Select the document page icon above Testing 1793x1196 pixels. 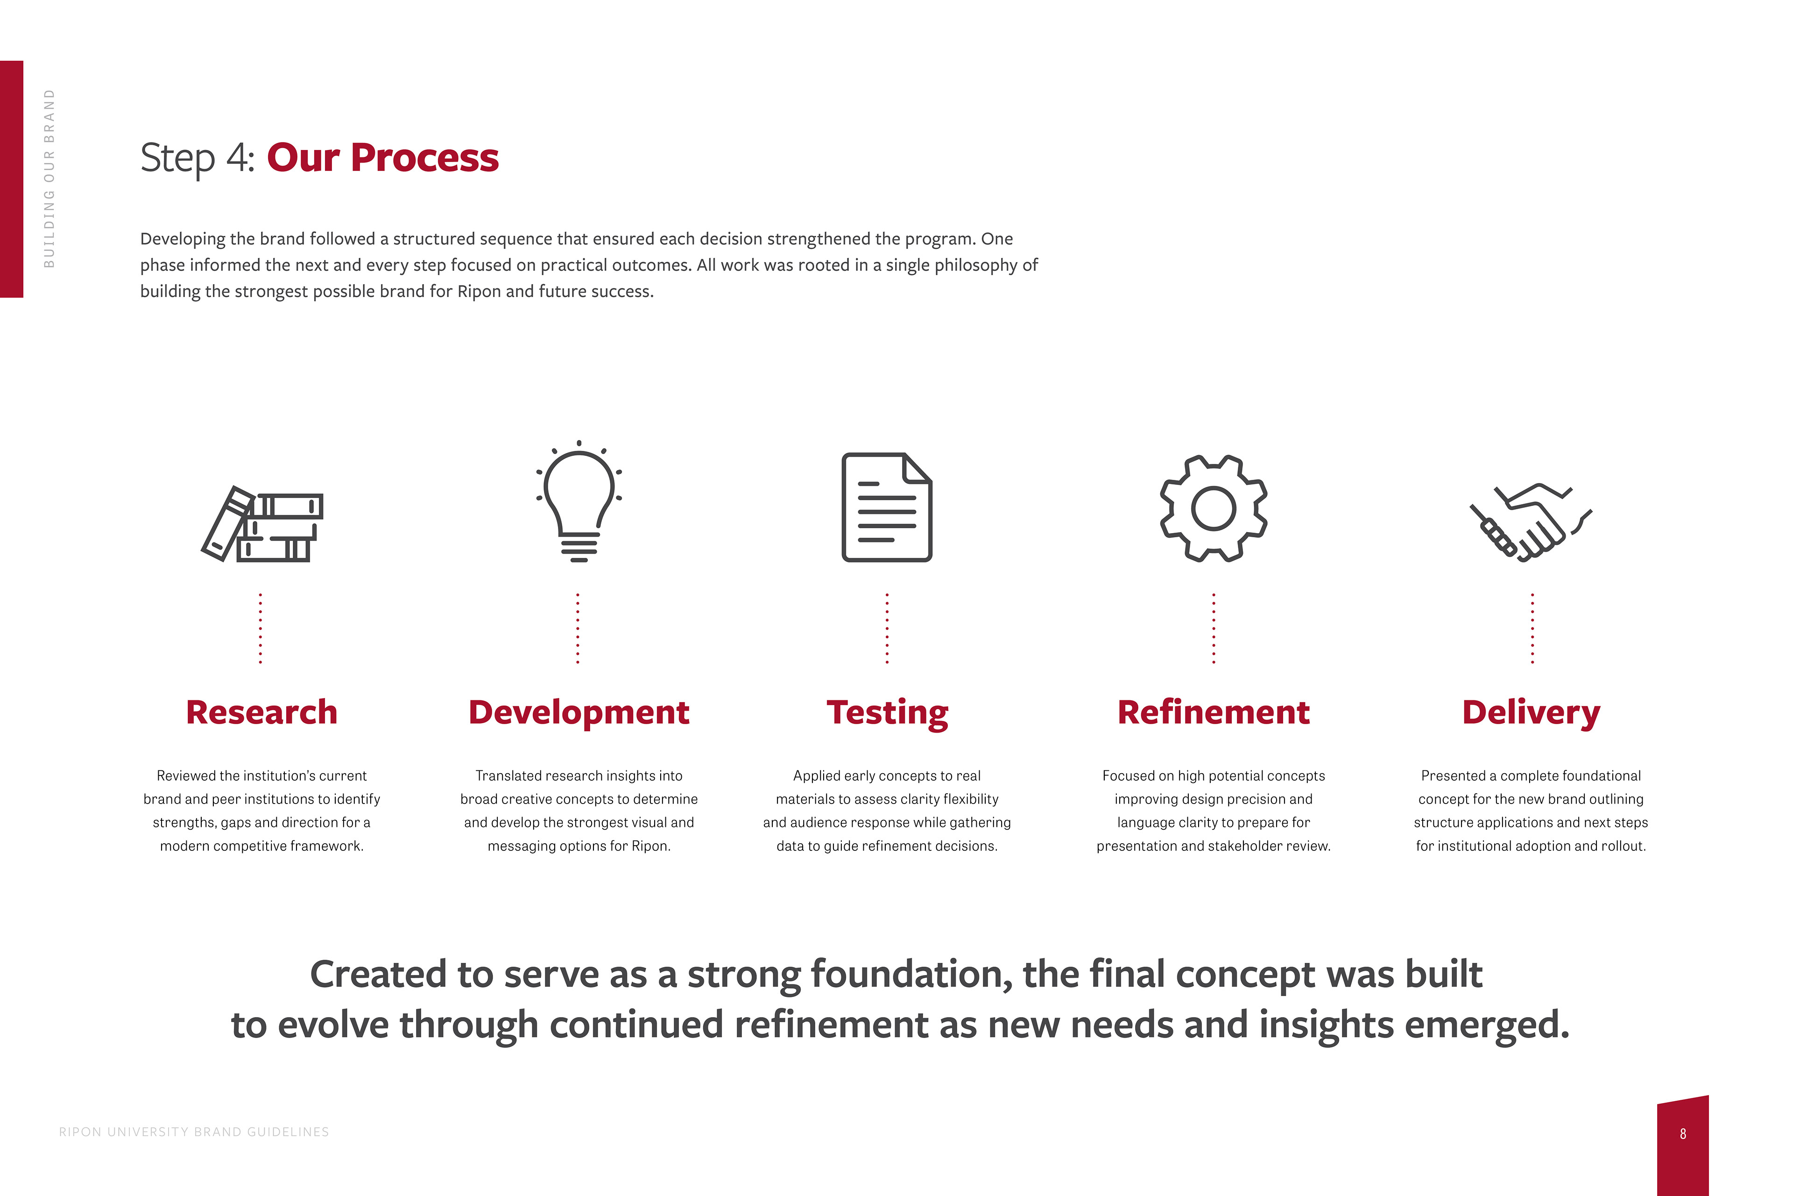pyautogui.click(x=887, y=507)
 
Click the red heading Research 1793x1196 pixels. pyautogui.click(x=261, y=712)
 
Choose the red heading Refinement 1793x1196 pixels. pyautogui.click(x=1214, y=712)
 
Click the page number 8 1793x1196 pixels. pyautogui.click(x=1683, y=1134)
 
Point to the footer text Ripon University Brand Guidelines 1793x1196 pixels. pyautogui.click(x=194, y=1132)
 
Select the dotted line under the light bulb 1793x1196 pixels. pyautogui.click(x=578, y=628)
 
